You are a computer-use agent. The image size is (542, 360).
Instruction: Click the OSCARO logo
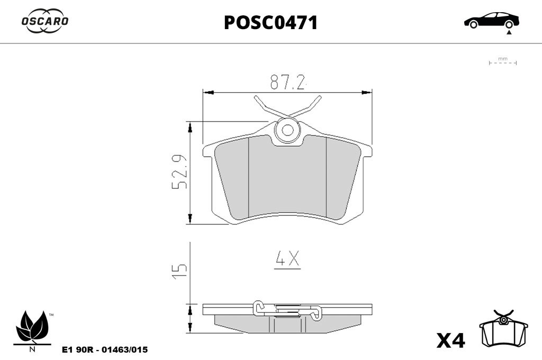(x=45, y=21)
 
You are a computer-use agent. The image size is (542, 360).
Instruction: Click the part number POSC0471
(x=270, y=23)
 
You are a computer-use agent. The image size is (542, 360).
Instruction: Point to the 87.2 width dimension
(x=288, y=82)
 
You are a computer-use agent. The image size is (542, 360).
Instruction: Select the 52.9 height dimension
(x=179, y=172)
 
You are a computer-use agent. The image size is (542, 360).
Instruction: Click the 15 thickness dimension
(x=179, y=272)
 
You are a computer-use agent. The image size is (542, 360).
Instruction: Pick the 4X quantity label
(x=287, y=259)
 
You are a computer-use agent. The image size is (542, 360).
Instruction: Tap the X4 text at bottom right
(x=451, y=340)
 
